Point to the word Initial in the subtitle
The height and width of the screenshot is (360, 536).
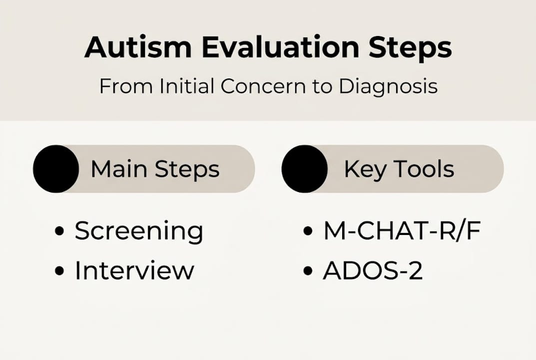point(187,86)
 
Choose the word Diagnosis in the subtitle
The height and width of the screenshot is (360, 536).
point(388,86)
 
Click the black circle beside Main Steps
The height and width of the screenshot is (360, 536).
point(56,169)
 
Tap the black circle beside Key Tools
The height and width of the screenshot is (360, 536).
point(305,169)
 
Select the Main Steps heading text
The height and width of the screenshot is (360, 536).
point(155,169)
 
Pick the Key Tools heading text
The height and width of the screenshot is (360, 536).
point(399,169)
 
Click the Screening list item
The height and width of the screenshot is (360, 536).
point(139,231)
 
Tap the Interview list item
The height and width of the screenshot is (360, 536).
point(134,270)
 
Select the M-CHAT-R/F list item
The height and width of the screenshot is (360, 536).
point(402,231)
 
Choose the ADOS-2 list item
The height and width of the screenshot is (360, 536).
point(373,270)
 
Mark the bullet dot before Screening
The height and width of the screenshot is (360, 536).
point(60,231)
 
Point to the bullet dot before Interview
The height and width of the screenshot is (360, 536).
point(60,271)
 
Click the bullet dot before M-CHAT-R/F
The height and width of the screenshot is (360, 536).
point(308,231)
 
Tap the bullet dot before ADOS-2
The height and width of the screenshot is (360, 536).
point(308,271)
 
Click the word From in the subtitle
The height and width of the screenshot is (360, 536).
point(119,86)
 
